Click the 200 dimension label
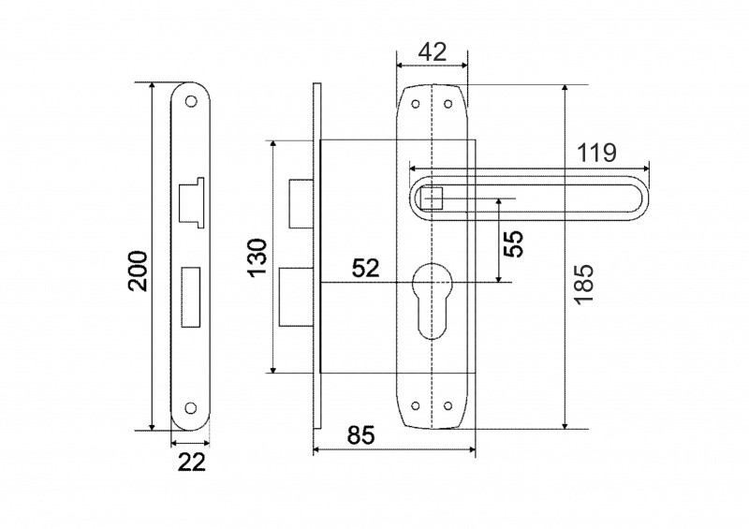coord(138,270)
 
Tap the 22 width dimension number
coord(192,463)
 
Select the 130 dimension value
coord(258,257)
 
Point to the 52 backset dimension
coord(365,268)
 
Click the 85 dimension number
coord(361,435)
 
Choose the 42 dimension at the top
coord(433,51)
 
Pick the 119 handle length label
coord(596,153)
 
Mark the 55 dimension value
coord(513,243)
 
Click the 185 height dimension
coord(583,284)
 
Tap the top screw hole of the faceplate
coord(191,101)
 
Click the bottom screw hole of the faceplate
coord(191,407)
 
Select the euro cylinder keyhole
coord(433,301)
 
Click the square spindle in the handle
coord(433,198)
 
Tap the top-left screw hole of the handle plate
coord(416,103)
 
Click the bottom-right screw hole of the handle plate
coord(448,405)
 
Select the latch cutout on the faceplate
coord(191,202)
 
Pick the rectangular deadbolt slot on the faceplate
coord(191,297)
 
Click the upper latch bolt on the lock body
coord(301,203)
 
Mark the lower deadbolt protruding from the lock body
coord(296,297)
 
